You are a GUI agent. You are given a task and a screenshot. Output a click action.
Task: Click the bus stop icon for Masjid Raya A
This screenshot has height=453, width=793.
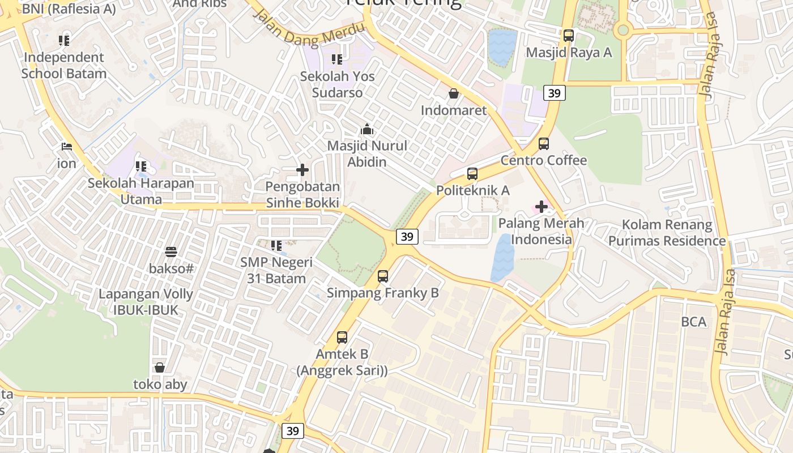tap(569, 35)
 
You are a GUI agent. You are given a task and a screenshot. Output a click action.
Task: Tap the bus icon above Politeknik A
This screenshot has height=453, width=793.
tap(472, 173)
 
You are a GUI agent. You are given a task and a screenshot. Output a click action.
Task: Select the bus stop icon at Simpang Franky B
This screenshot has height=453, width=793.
tap(383, 276)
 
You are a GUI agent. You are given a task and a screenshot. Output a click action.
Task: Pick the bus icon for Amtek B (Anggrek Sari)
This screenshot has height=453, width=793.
tap(342, 337)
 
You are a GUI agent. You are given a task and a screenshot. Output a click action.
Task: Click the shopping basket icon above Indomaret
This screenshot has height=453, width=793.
tap(454, 93)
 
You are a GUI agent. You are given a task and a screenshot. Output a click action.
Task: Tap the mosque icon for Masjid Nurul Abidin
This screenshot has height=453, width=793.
tap(367, 129)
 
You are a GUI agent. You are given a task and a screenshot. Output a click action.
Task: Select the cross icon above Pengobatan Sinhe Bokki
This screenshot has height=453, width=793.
tap(302, 170)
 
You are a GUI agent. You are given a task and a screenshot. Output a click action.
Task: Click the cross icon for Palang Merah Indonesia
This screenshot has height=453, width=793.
tap(542, 207)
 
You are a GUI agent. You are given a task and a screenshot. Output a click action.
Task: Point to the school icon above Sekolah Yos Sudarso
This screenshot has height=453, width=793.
tap(337, 59)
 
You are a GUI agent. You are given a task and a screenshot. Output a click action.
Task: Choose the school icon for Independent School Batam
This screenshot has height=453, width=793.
tap(64, 41)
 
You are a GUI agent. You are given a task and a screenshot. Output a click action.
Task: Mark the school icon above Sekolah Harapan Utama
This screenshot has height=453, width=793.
tap(141, 167)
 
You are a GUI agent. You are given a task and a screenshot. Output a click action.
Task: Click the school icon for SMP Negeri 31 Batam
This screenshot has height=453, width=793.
tap(276, 246)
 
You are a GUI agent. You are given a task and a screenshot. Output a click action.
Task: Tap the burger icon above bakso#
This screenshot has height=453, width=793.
tap(171, 251)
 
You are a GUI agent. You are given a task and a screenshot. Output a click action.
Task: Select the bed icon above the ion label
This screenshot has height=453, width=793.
tap(67, 147)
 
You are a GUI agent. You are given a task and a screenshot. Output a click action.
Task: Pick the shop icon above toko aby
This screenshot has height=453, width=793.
tap(160, 368)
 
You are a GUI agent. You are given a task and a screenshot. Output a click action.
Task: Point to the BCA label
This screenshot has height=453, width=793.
tap(694, 322)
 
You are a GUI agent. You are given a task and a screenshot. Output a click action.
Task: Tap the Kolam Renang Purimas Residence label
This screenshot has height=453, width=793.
tap(667, 233)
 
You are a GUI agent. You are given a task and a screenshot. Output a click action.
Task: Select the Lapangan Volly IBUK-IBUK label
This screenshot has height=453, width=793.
tap(146, 302)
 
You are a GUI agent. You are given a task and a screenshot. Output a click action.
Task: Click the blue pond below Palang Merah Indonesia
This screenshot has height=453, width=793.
tap(502, 258)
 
